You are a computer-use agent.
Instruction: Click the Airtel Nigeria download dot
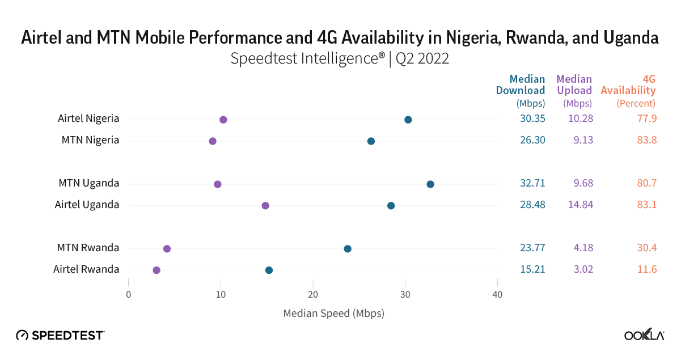click(408, 120)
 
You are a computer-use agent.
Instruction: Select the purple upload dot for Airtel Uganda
click(265, 205)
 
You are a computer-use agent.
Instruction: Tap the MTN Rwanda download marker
click(348, 249)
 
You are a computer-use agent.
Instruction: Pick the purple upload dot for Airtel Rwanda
click(156, 270)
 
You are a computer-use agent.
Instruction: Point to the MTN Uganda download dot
click(430, 184)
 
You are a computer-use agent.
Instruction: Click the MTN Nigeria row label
click(91, 140)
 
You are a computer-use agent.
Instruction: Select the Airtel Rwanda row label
click(86, 269)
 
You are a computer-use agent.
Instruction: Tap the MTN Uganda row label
click(89, 183)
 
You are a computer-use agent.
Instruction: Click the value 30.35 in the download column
click(532, 118)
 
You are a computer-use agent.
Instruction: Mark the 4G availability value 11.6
click(646, 269)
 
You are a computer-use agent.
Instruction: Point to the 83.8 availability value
click(646, 140)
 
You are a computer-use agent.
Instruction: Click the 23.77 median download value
click(532, 248)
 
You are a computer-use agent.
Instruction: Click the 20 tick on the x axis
click(313, 294)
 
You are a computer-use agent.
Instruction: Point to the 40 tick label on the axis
click(497, 294)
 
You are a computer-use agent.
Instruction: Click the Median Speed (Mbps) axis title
click(333, 313)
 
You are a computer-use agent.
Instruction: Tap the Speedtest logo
click(60, 335)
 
